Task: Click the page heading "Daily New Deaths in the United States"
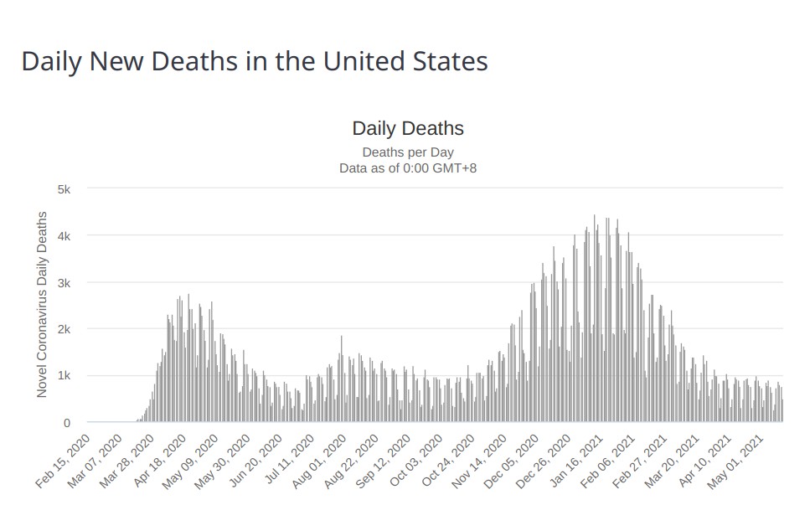tap(254, 62)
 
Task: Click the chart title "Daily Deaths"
tap(408, 128)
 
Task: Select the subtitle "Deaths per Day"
tap(408, 152)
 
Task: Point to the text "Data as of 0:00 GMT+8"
tap(408, 167)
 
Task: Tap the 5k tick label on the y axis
tap(64, 189)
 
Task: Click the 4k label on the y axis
tap(64, 236)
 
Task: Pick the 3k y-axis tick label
tap(64, 283)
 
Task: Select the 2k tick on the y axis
tap(64, 329)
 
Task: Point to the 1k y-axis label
tap(64, 376)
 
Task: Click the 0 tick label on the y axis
tap(67, 423)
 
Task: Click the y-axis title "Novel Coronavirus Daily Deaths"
tap(42, 304)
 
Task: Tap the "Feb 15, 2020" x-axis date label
tap(62, 460)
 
